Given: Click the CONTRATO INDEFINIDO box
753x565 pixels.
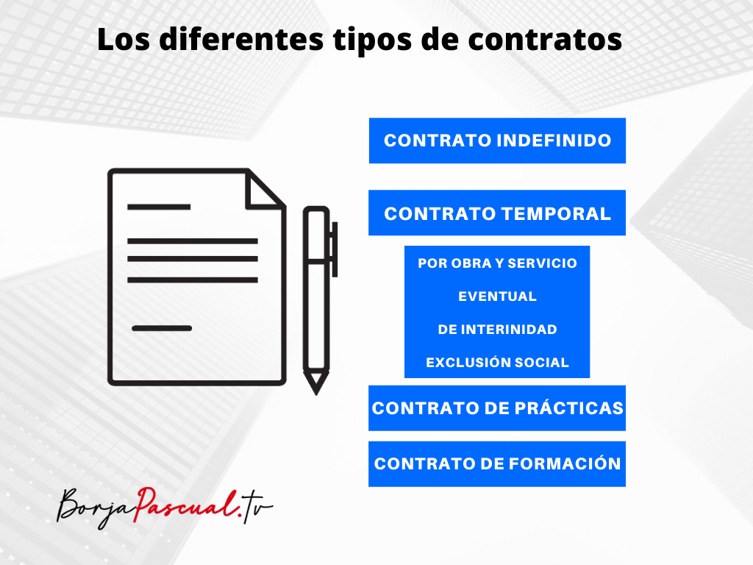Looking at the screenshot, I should pyautogui.click(x=497, y=141).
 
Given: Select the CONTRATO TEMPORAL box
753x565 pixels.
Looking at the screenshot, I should pyautogui.click(x=497, y=213).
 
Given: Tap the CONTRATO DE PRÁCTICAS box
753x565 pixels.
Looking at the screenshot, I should pyautogui.click(x=497, y=408).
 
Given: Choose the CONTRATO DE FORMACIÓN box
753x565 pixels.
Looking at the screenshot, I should pyautogui.click(x=497, y=464).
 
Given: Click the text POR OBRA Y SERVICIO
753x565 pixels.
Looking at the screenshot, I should pyautogui.click(x=497, y=263).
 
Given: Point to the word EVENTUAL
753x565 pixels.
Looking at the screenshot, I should pyautogui.click(x=497, y=296).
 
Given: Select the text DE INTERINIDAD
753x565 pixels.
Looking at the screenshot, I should pyautogui.click(x=497, y=330).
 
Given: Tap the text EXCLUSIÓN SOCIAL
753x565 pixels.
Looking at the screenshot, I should pyautogui.click(x=497, y=363).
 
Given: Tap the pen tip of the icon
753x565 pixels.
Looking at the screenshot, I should pyautogui.click(x=316, y=384).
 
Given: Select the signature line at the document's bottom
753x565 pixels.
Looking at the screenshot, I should pyautogui.click(x=162, y=328).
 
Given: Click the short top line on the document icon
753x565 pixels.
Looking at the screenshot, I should pyautogui.click(x=159, y=207).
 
